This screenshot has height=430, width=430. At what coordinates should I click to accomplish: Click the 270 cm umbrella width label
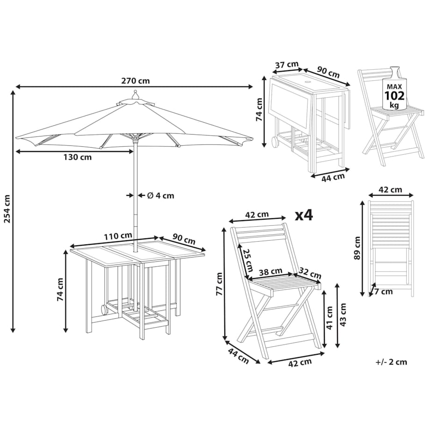point(136,80)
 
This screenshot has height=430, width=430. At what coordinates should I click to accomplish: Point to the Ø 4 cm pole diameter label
point(160,195)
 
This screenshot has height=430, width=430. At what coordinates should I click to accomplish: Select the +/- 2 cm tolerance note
point(391,361)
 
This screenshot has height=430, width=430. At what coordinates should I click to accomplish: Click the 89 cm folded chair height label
point(357,248)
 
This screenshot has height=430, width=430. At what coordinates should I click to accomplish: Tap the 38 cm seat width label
point(271,271)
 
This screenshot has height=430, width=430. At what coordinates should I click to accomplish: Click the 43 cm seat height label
point(344,315)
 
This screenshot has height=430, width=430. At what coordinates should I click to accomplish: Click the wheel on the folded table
point(274,141)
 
